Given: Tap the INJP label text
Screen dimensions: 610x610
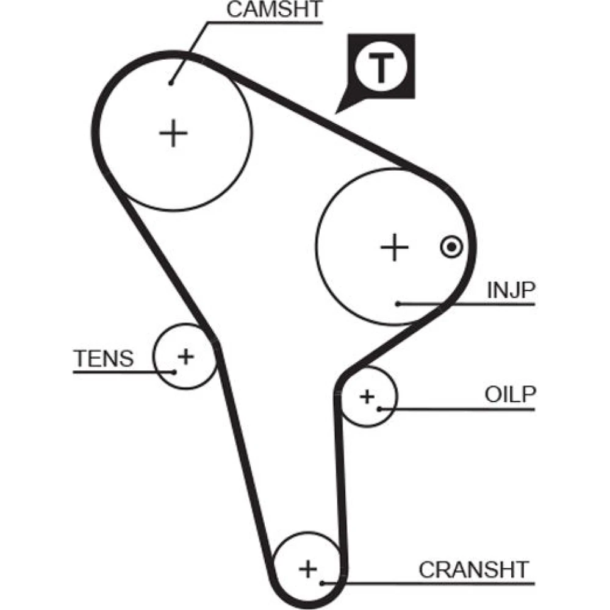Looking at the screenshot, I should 510,291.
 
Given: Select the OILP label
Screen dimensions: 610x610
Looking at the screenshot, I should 510,395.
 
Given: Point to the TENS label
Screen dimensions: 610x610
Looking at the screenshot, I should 104,359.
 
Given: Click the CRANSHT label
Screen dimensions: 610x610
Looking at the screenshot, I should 473,569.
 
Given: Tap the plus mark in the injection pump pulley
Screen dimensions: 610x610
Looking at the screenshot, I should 394,247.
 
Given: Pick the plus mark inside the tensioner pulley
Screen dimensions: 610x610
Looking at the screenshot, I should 185,355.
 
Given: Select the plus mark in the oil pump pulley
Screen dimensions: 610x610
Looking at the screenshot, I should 367,397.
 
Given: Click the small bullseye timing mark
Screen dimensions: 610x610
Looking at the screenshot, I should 451,247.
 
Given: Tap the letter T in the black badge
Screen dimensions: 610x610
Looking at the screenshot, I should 381,68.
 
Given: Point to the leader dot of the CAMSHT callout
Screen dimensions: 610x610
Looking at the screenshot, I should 172,82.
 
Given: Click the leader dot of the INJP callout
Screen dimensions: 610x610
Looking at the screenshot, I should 397,303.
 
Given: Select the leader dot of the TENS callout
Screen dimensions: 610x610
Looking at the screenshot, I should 174,371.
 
